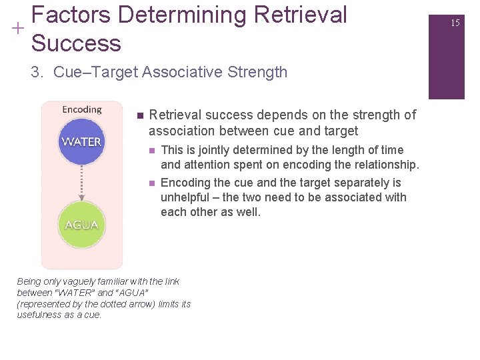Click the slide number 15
click(x=455, y=23)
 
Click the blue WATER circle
click(x=81, y=142)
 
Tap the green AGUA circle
click(x=81, y=225)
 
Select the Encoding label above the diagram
click(x=81, y=109)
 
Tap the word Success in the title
click(x=76, y=43)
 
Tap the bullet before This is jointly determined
click(x=152, y=151)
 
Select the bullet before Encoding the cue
click(x=152, y=183)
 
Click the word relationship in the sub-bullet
click(x=381, y=165)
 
